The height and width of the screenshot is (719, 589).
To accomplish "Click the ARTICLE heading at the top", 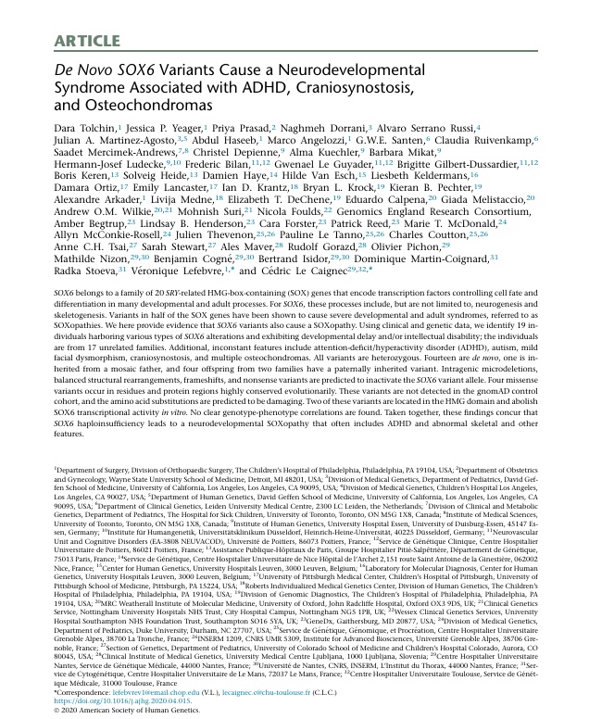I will click(91, 38).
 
